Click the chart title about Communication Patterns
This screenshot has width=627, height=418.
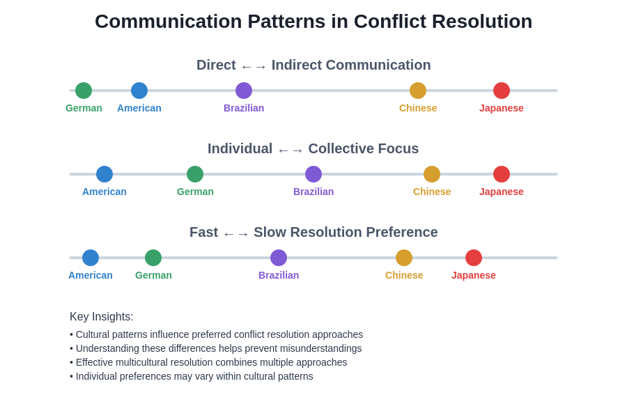click(x=313, y=22)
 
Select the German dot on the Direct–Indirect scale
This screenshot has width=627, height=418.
click(x=84, y=91)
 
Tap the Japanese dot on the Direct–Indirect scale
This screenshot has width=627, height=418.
click(x=502, y=91)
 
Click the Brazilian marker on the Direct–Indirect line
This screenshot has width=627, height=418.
click(x=244, y=91)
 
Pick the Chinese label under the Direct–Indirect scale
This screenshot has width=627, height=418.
click(x=418, y=108)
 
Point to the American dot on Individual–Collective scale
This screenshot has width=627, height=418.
click(x=104, y=174)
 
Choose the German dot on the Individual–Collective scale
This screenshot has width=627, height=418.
click(x=195, y=174)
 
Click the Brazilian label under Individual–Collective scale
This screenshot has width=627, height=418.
click(x=313, y=192)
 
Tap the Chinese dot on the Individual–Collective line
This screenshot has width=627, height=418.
click(x=432, y=174)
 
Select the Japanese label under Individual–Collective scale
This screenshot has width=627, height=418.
click(x=502, y=192)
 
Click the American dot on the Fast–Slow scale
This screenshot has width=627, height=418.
click(x=91, y=258)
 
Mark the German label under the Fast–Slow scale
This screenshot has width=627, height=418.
click(x=153, y=275)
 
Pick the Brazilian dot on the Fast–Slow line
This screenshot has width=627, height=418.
click(x=279, y=258)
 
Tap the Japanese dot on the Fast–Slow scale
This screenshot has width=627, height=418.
click(x=474, y=258)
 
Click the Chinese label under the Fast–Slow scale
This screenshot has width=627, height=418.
click(x=404, y=275)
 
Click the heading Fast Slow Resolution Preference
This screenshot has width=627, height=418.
click(x=313, y=233)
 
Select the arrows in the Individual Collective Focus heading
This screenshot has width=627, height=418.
click(x=291, y=150)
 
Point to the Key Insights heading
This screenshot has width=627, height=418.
click(x=102, y=317)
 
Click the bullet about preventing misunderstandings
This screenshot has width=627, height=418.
click(x=216, y=348)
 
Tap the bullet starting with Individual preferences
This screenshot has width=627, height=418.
click(x=192, y=376)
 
